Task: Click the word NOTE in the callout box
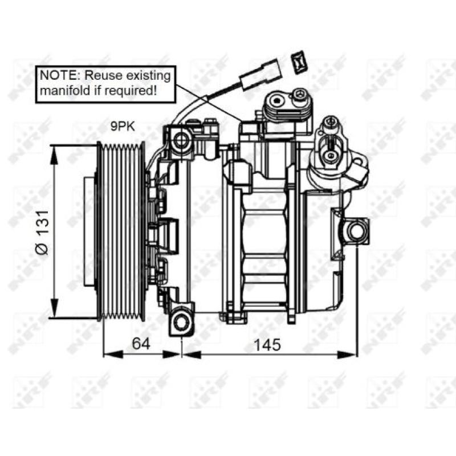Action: (55, 75)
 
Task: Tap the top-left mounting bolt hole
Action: (182, 139)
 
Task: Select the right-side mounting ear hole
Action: (356, 231)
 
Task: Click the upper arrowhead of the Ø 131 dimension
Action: (54, 152)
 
